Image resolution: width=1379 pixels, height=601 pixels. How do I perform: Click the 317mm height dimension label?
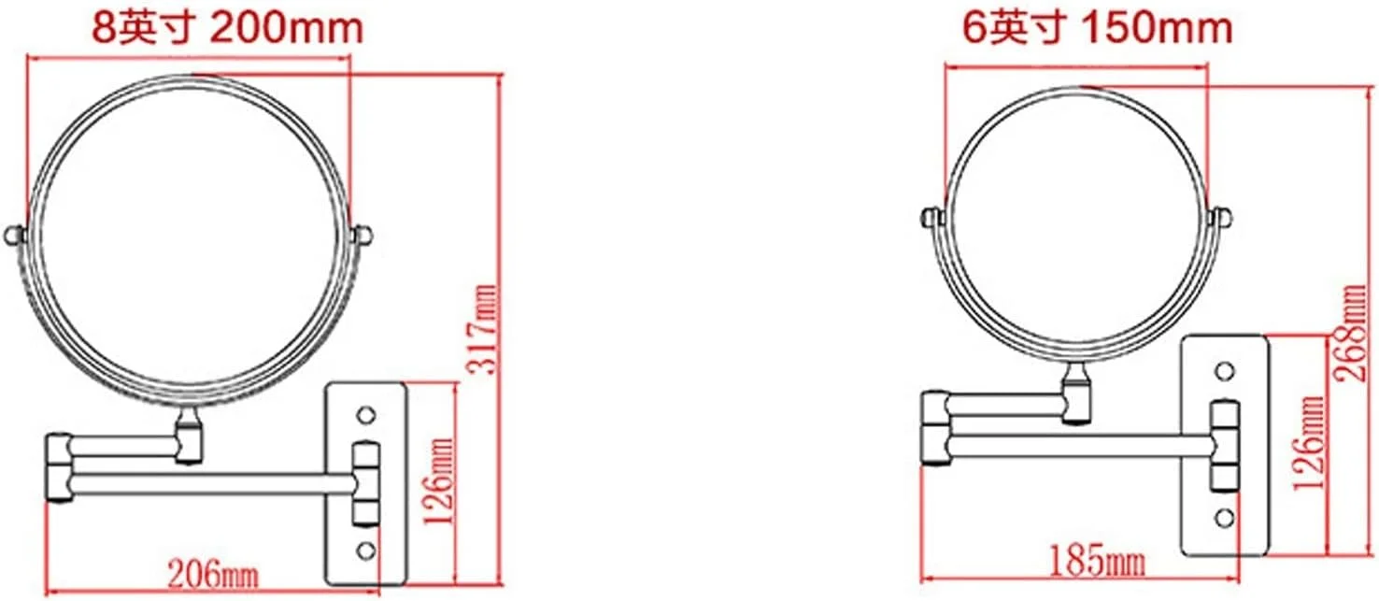[482, 329]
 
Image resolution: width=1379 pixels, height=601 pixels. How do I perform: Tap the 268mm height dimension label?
[1348, 333]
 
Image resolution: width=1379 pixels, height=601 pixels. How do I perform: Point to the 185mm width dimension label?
[1097, 562]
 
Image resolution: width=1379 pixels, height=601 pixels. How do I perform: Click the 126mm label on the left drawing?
[439, 481]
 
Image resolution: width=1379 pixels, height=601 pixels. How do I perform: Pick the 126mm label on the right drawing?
[1308, 443]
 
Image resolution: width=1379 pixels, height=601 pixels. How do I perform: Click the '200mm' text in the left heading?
[287, 28]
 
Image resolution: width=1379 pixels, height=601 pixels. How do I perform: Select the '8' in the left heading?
[104, 28]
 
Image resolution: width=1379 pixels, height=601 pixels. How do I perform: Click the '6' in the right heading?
[974, 28]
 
